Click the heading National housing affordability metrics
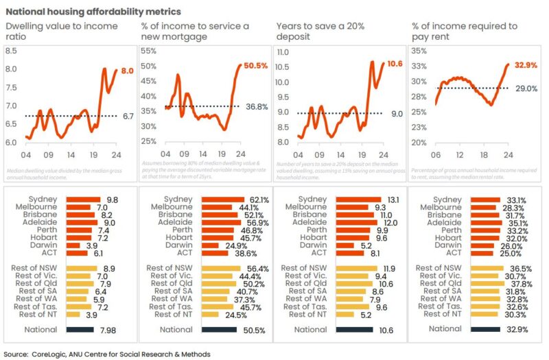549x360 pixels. pos(93,12)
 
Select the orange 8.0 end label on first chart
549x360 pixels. pos(127,71)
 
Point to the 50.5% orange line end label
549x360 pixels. pos(255,66)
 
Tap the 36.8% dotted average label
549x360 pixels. pos(256,107)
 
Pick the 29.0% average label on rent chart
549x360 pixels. pos(526,89)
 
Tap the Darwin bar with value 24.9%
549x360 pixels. pos(210,245)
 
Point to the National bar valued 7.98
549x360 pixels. pos(82,329)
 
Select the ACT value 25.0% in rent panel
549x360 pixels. pos(511,253)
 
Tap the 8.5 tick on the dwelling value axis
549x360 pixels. pos(12,51)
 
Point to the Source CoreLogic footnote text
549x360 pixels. pos(106,354)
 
